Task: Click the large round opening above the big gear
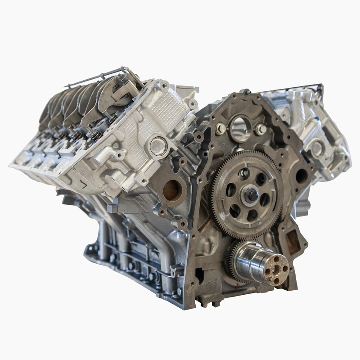(x=241, y=127)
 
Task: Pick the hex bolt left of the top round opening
(x=220, y=129)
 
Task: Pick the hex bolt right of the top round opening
(x=261, y=130)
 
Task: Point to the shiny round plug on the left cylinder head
(x=158, y=146)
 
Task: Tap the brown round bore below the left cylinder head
(x=172, y=189)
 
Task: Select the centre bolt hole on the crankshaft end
(x=276, y=269)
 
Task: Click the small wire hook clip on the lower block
(x=172, y=270)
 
